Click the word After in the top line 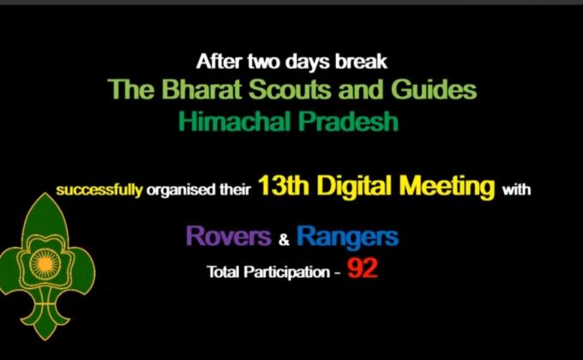pyautogui.click(x=216, y=63)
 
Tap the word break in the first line pyautogui.click(x=364, y=63)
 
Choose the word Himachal pyautogui.click(x=231, y=121)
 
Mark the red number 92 pyautogui.click(x=363, y=270)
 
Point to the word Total pyautogui.click(x=224, y=272)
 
